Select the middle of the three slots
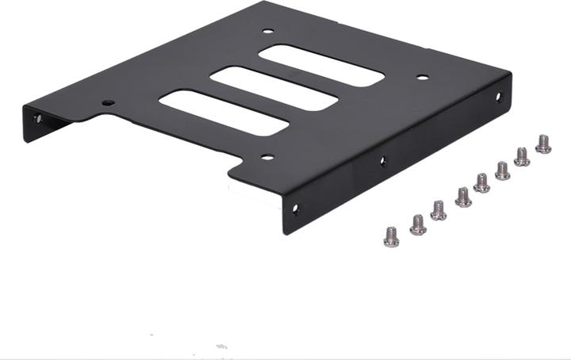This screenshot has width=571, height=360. (x=274, y=88)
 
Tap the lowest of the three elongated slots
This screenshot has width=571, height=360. (x=223, y=112)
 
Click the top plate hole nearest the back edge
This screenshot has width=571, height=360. (x=267, y=32)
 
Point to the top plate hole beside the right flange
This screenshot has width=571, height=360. (x=423, y=78)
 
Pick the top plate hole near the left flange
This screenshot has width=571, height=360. (x=108, y=102)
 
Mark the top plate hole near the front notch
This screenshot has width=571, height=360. (x=267, y=157)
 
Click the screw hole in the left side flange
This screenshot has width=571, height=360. (x=37, y=121)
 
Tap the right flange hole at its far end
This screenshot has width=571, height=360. (x=499, y=98)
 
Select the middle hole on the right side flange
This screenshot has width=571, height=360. (x=382, y=161)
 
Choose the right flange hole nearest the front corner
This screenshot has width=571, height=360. (x=296, y=210)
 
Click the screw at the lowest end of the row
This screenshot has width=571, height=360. (x=391, y=236)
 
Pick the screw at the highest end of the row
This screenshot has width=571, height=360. (x=543, y=144)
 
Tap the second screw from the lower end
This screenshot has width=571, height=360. (x=418, y=224)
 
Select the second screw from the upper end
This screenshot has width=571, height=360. (x=522, y=156)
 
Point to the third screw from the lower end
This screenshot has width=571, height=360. (x=439, y=210)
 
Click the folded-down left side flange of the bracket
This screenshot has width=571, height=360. (x=48, y=123)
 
